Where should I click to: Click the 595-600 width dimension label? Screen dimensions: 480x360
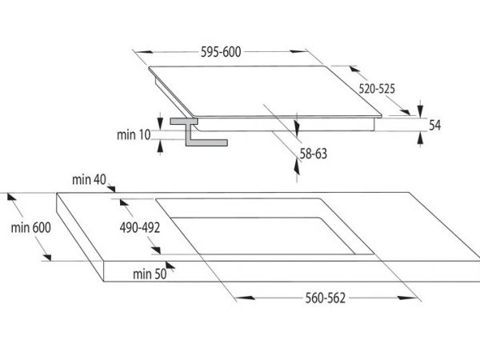[x=221, y=52]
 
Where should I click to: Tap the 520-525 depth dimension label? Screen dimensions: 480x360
[x=377, y=89]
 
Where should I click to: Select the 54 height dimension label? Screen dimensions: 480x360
[x=434, y=126]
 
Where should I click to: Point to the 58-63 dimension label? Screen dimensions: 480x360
[x=313, y=154]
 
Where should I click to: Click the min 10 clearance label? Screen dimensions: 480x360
[x=134, y=134]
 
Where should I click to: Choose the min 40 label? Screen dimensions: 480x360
[x=89, y=180]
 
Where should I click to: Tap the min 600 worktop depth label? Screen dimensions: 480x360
[x=31, y=228]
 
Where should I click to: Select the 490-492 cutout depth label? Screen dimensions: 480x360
[x=140, y=228]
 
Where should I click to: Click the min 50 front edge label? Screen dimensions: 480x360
[x=150, y=274]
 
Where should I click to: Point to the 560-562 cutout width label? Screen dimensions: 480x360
[x=325, y=298]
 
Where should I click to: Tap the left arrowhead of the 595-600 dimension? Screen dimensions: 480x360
[x=145, y=52]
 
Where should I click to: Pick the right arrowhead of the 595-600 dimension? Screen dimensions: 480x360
[x=298, y=51]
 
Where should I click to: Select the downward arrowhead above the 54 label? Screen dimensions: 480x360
[x=420, y=110]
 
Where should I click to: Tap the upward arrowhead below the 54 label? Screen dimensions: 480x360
[x=420, y=138]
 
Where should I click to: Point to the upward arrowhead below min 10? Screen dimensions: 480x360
[x=160, y=146]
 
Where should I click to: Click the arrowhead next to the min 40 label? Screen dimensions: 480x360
[x=111, y=189]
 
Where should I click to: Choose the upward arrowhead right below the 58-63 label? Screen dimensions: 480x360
[x=297, y=167]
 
